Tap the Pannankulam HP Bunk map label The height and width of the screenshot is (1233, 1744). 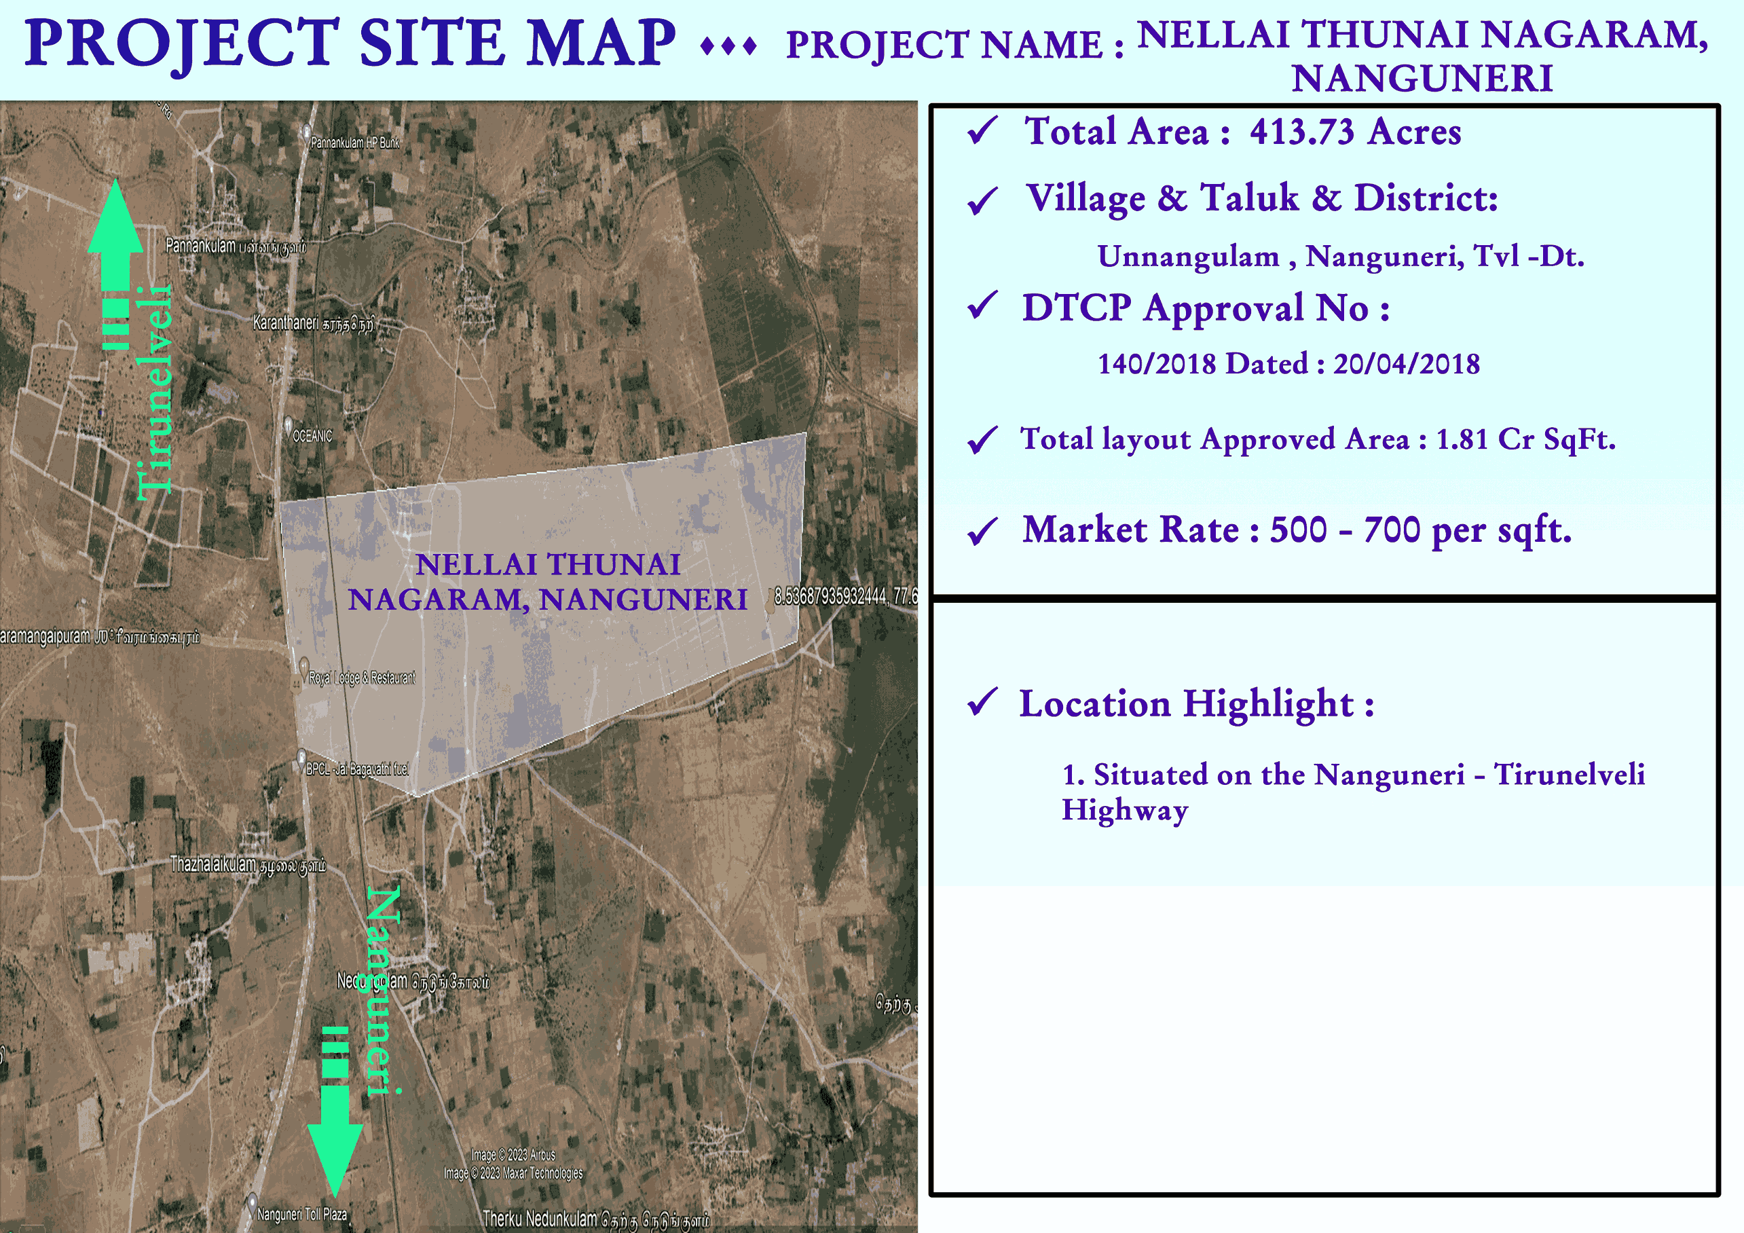[355, 142]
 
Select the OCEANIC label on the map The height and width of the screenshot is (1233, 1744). [312, 436]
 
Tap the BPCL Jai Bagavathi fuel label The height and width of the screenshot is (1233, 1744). [357, 769]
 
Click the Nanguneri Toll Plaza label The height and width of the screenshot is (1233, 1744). [301, 1214]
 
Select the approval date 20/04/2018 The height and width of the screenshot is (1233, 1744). [1406, 364]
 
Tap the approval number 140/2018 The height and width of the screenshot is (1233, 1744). [1157, 364]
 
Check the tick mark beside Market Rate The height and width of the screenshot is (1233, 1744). [982, 531]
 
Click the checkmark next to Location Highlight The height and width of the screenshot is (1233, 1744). [982, 702]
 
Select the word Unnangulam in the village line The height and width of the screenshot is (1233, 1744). [1188, 257]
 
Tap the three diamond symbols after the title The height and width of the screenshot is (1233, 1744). [728, 47]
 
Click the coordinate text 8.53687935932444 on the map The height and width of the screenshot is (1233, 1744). [830, 597]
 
